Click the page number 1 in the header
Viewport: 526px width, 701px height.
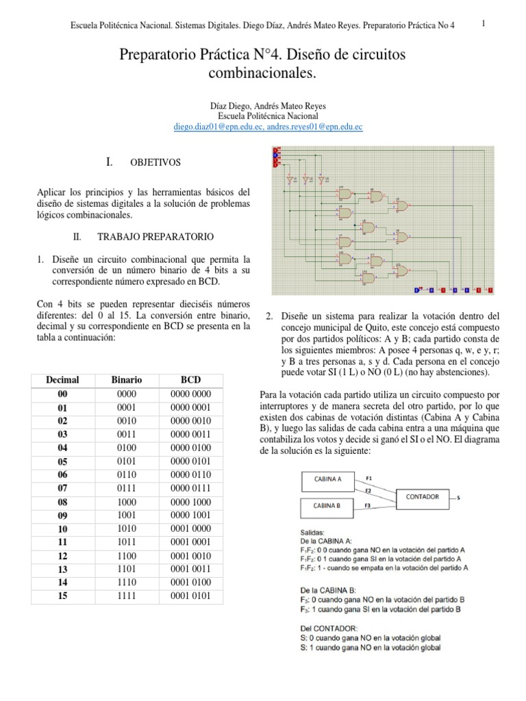(x=484, y=23)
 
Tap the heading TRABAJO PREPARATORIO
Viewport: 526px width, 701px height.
(x=155, y=236)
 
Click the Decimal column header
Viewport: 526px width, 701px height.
(x=62, y=379)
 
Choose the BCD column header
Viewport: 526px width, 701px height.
(x=191, y=379)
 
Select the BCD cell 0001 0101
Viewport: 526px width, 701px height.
(x=191, y=596)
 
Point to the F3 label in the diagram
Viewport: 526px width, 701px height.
(x=369, y=506)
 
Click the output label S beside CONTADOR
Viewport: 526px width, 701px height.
(x=458, y=498)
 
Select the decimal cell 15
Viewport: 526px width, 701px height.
(x=62, y=596)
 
